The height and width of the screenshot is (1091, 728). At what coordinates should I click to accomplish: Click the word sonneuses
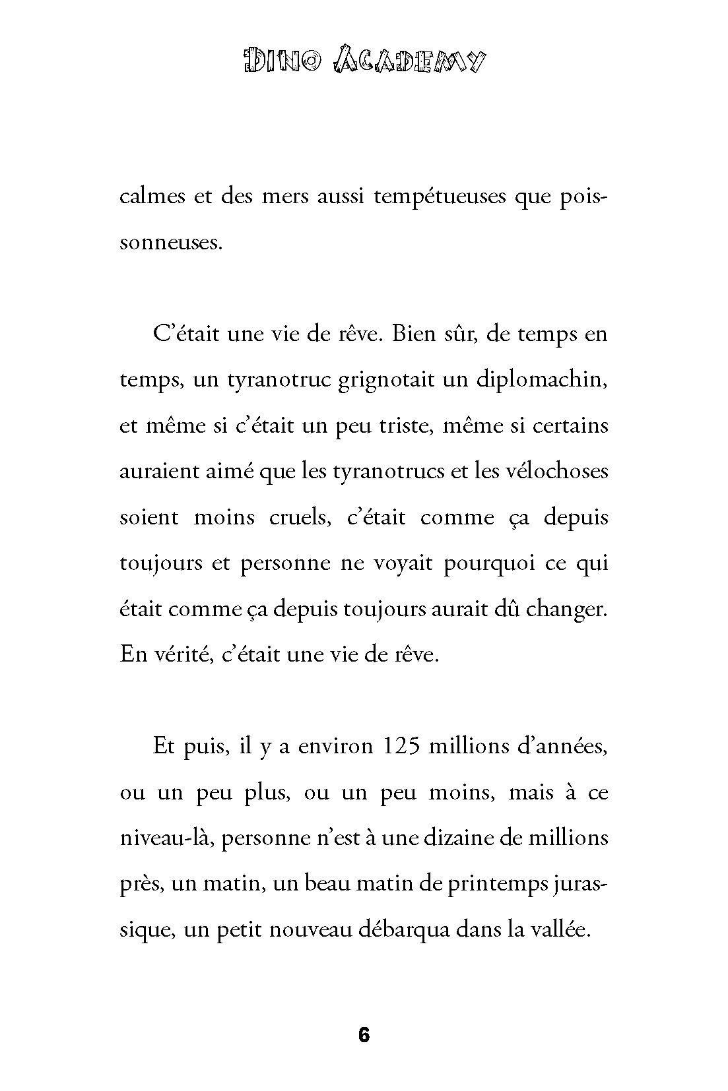(x=168, y=243)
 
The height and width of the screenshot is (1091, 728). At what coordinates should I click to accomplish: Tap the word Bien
(x=414, y=334)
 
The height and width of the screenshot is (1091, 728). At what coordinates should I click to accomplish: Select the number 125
(x=400, y=747)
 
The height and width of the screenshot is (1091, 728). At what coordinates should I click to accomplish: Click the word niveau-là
(x=167, y=838)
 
